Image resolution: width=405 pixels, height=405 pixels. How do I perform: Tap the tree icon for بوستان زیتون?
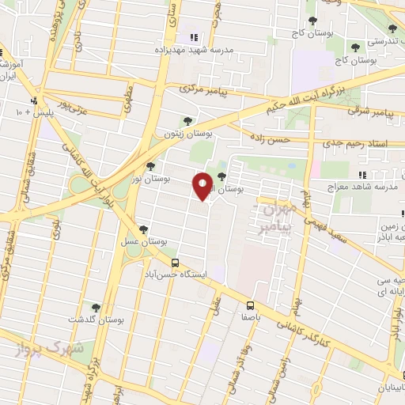tap(187, 120)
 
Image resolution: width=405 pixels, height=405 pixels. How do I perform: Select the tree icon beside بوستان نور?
tap(150, 166)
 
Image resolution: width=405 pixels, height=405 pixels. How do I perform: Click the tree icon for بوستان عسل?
tap(142, 229)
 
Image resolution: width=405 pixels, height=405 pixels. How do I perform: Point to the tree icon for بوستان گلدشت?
tap(96, 308)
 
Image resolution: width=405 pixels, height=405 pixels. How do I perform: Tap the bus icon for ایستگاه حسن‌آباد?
tap(175, 264)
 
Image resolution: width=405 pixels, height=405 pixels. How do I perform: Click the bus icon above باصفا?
tap(251, 305)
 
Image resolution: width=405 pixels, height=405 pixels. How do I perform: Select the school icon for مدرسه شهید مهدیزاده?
tap(194, 37)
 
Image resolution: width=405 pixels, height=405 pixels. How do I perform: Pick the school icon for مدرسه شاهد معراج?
tap(361, 175)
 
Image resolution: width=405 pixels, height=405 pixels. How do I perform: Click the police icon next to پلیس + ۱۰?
tap(34, 101)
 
